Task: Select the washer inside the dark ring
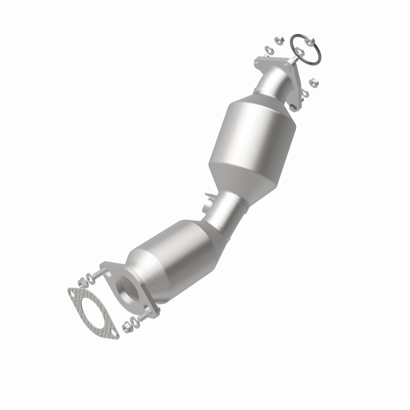(300, 52)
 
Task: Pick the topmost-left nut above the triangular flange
(277, 39)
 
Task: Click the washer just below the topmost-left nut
(269, 50)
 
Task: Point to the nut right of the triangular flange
(315, 80)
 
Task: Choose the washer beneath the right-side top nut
(306, 92)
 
